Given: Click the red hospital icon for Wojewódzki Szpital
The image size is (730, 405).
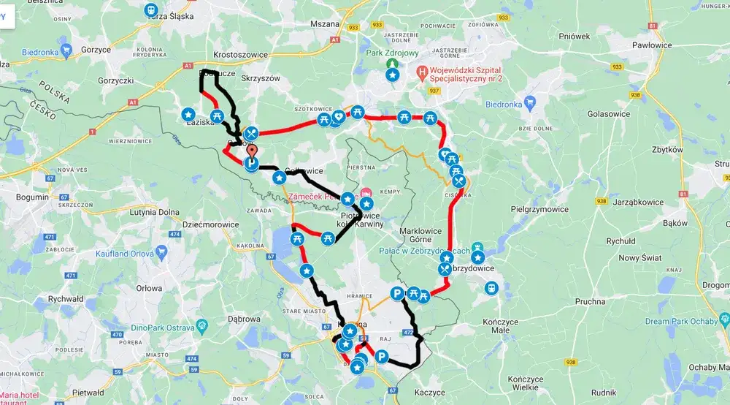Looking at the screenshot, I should click(421, 73).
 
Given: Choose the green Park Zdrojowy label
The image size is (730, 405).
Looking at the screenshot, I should click(392, 53).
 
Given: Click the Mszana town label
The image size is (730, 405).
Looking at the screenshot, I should click(325, 23).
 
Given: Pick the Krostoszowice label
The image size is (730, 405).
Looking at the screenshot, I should click(239, 55).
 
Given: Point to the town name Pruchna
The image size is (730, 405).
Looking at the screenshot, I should click(590, 301).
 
